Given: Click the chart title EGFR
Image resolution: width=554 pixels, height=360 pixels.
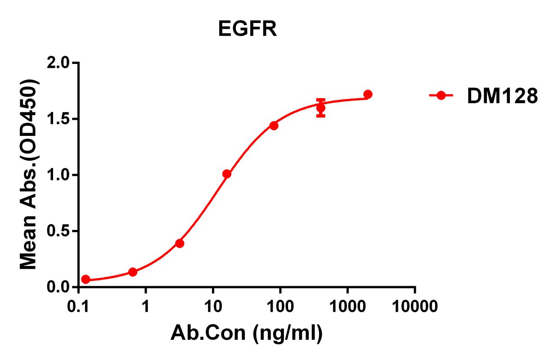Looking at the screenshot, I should [248, 30].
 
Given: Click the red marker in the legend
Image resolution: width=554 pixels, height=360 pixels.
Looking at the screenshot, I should [441, 95].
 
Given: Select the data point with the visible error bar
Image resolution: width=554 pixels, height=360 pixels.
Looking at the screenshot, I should [320, 108].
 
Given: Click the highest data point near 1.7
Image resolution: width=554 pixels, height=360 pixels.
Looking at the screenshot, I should [368, 94].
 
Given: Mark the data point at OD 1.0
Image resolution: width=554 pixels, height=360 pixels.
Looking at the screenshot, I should [227, 174].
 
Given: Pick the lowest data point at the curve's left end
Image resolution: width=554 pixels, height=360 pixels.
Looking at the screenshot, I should [86, 279].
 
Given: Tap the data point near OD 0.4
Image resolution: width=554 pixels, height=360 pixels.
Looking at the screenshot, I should [180, 243].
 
